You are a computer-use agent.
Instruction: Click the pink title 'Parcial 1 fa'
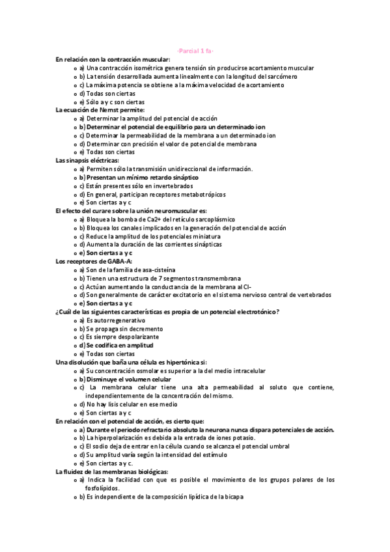click(195, 51)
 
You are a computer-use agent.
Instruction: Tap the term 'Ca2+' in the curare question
click(154, 219)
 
